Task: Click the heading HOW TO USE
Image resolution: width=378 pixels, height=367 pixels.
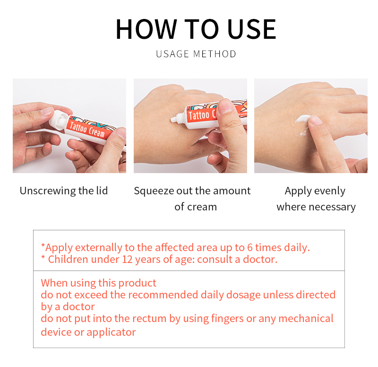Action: coord(196,29)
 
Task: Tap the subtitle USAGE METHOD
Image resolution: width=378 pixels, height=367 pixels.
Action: coord(196,54)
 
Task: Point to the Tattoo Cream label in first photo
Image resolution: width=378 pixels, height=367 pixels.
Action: coord(87,128)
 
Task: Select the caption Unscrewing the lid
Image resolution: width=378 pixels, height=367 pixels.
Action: coord(64,191)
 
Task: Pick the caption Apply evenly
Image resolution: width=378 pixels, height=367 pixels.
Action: coord(315,191)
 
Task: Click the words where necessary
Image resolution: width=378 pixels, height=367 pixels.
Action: coord(316,207)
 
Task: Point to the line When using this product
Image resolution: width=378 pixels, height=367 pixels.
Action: coord(98,283)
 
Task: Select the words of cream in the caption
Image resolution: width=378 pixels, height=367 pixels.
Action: coord(196,207)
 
